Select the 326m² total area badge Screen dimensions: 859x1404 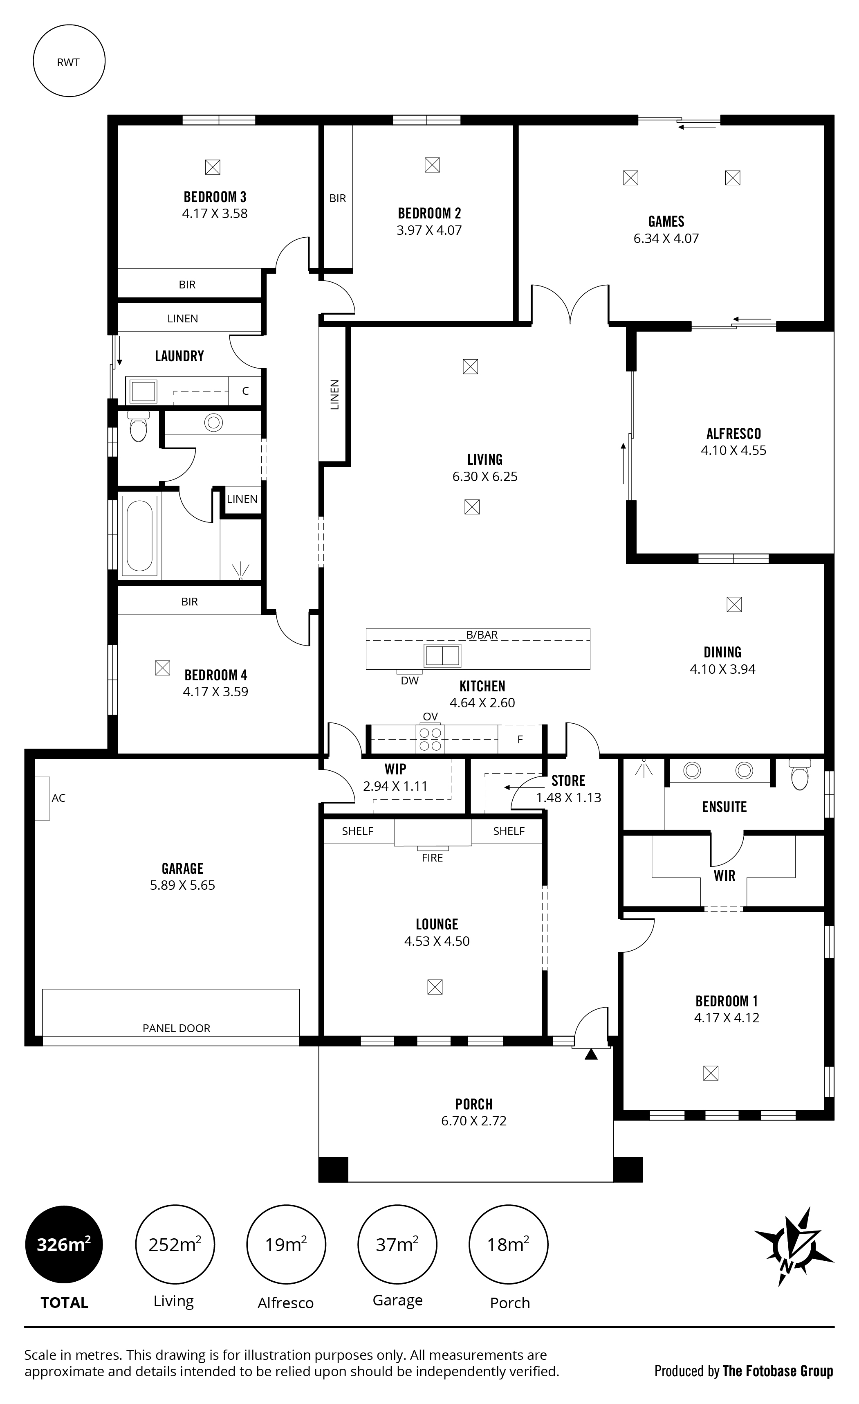click(x=64, y=1244)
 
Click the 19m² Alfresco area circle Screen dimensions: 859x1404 click(x=286, y=1244)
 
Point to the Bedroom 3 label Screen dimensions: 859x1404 click(x=215, y=197)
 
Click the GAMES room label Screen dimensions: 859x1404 click(x=666, y=222)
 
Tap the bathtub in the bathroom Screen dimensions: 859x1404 click(x=139, y=535)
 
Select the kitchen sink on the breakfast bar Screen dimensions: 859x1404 click(x=442, y=656)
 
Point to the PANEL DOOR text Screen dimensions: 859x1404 click(x=177, y=1028)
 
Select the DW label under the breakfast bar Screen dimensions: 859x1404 click(x=410, y=680)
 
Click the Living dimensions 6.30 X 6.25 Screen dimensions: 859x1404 click(x=485, y=476)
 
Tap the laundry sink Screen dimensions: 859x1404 click(x=143, y=391)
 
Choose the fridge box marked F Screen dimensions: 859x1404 click(x=520, y=740)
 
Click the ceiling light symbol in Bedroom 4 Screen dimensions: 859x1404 click(x=162, y=668)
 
